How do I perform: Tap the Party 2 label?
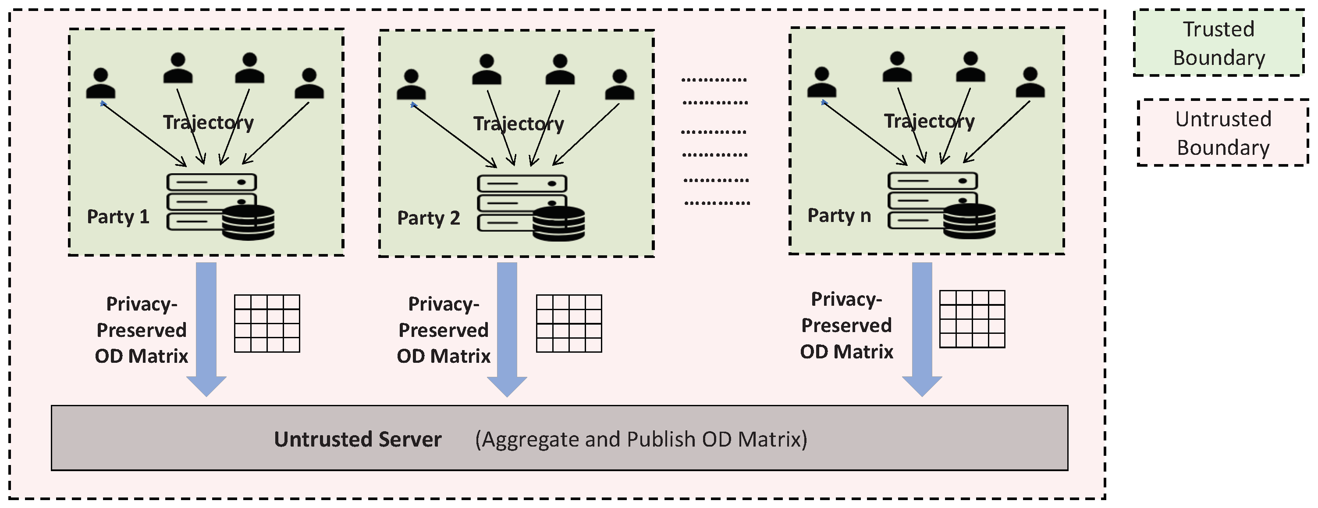[x=428, y=218]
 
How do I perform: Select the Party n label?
[x=838, y=215]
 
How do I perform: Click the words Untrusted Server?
[x=358, y=440]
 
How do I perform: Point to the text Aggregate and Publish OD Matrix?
[x=641, y=440]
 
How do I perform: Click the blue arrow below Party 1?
[x=206, y=328]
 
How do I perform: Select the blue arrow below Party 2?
[x=507, y=328]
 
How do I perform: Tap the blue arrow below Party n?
[x=922, y=328]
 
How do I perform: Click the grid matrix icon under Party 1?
[x=267, y=323]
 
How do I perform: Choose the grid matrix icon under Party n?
[x=972, y=319]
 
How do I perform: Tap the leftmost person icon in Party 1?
[x=101, y=83]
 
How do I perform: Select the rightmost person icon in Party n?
[x=1030, y=82]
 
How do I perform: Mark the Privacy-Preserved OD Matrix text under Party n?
[x=846, y=325]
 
